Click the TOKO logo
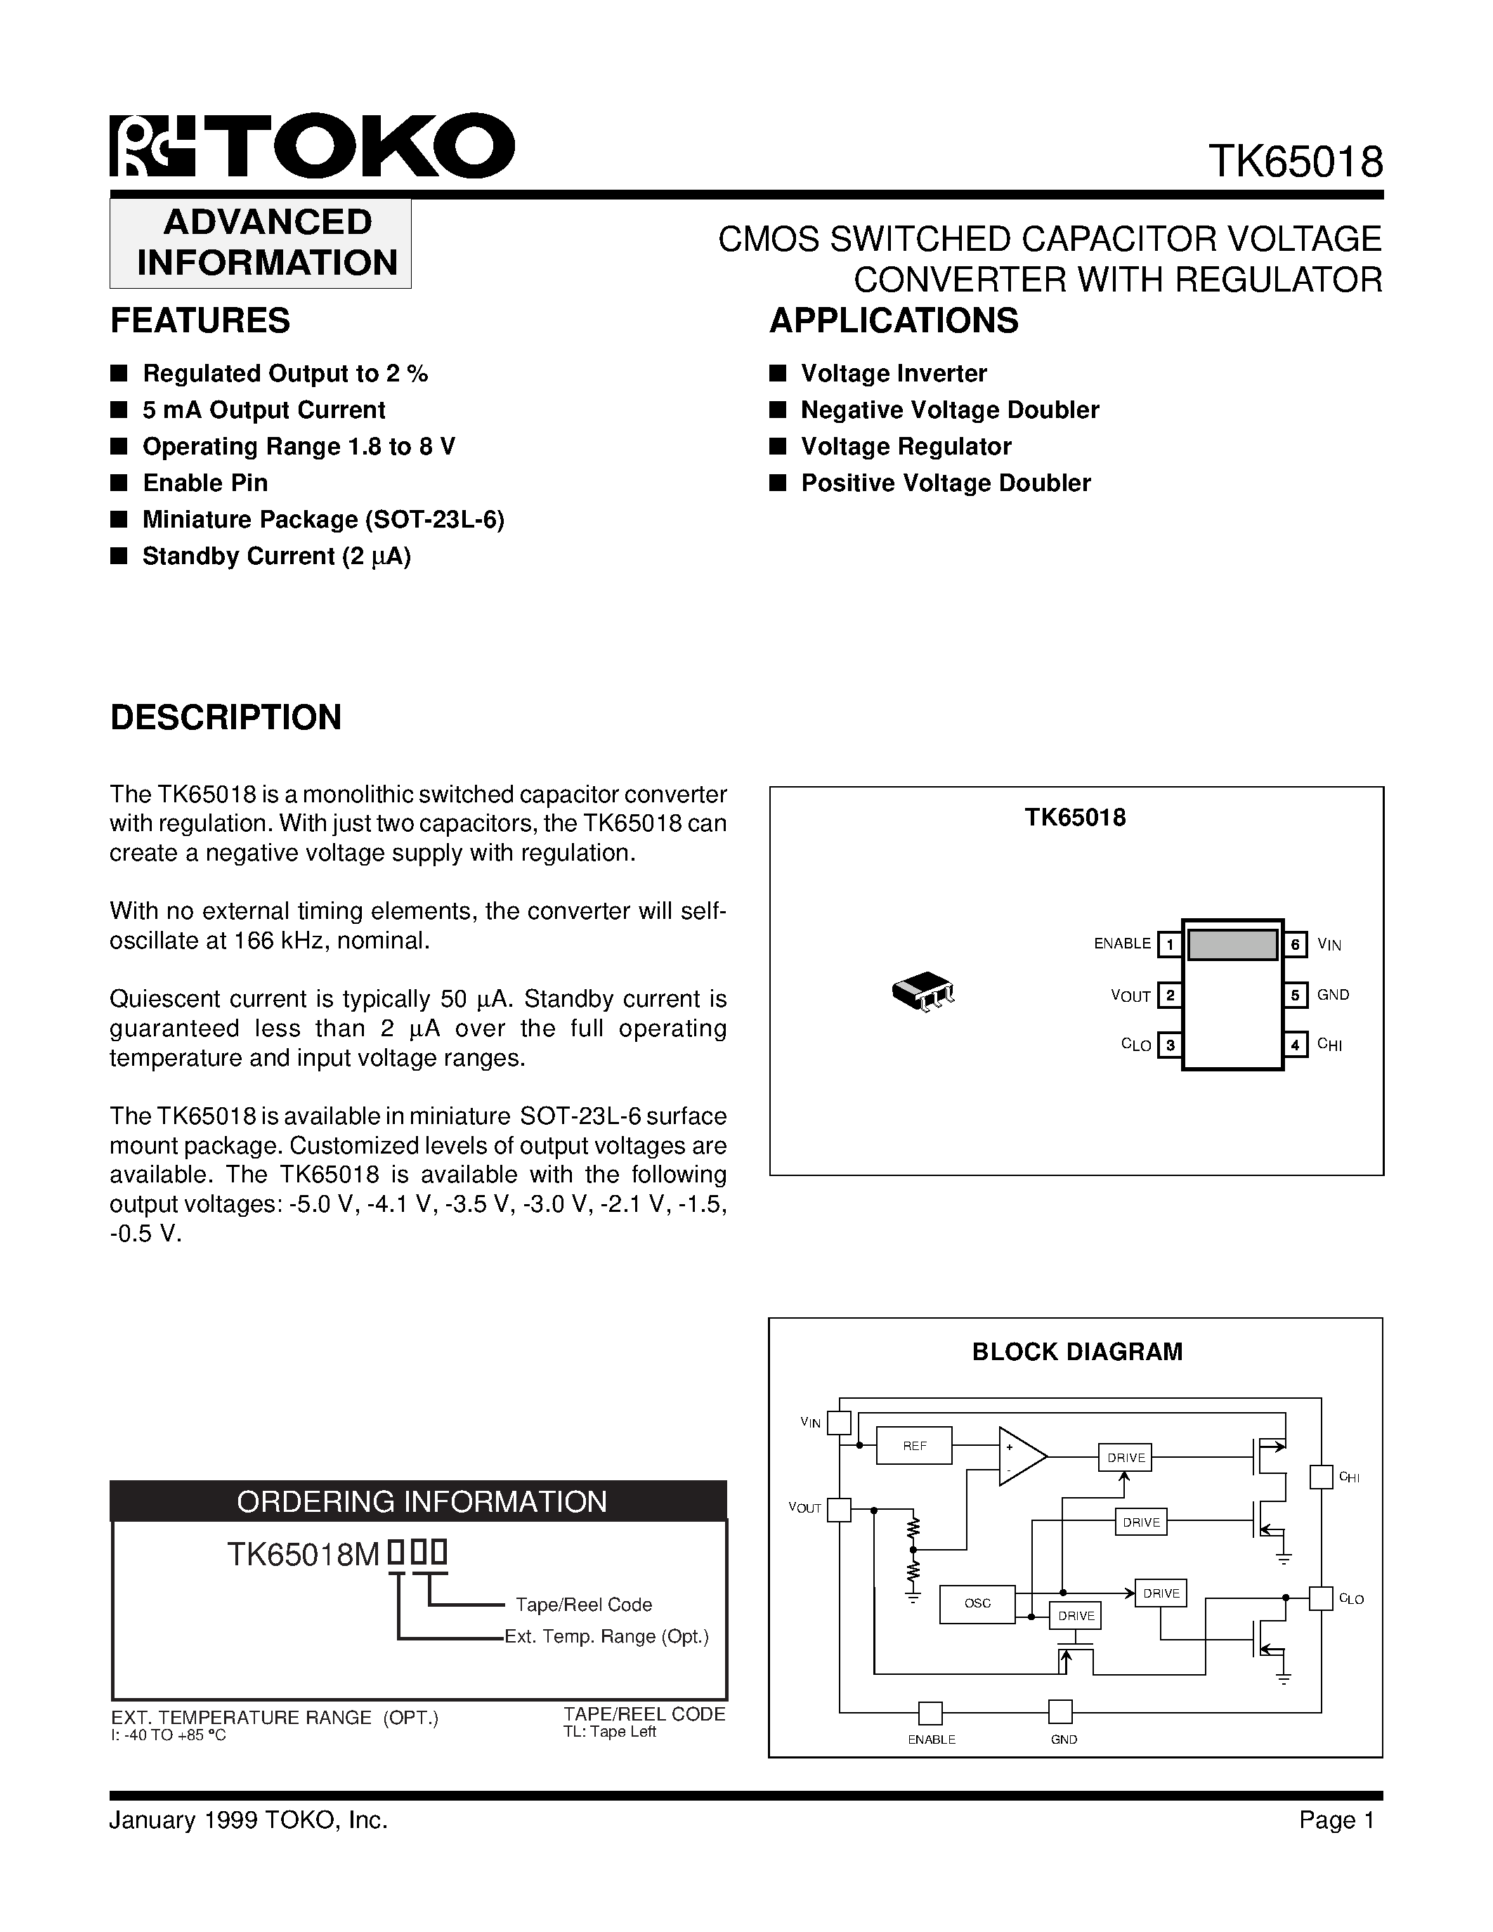coord(311,146)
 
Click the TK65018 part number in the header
coord(1295,162)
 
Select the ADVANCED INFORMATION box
coord(261,242)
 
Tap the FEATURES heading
coord(200,320)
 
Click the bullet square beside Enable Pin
coord(119,483)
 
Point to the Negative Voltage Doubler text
coord(950,410)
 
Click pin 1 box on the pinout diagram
coord(1169,945)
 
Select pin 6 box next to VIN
coord(1295,945)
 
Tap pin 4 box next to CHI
coord(1295,1045)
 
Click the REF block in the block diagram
coord(913,1445)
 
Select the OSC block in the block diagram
coord(977,1603)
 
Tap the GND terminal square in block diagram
coord(1060,1711)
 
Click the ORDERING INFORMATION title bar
coord(418,1501)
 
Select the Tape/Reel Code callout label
coord(584,1604)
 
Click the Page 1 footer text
coord(1336,1820)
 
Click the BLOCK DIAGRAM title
coord(1076,1352)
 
